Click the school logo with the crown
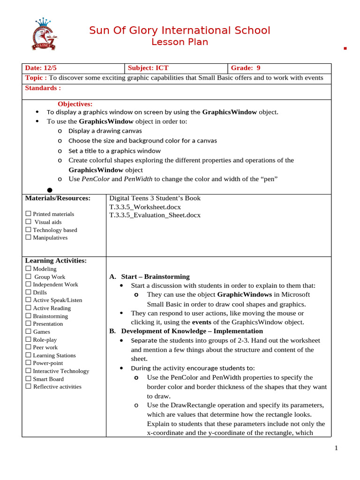point(44,35)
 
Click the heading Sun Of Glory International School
point(180,31)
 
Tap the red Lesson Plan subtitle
point(180,42)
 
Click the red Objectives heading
point(75,104)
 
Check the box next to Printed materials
point(29,214)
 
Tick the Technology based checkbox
point(29,230)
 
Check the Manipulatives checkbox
point(29,237)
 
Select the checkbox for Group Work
point(29,277)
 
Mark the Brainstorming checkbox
point(29,316)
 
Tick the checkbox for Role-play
point(29,339)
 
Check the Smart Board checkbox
point(29,379)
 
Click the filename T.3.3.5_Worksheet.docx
point(145,207)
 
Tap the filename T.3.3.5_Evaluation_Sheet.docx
point(155,215)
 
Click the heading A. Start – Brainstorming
point(150,277)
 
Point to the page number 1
point(336,448)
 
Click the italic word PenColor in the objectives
point(96,179)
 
